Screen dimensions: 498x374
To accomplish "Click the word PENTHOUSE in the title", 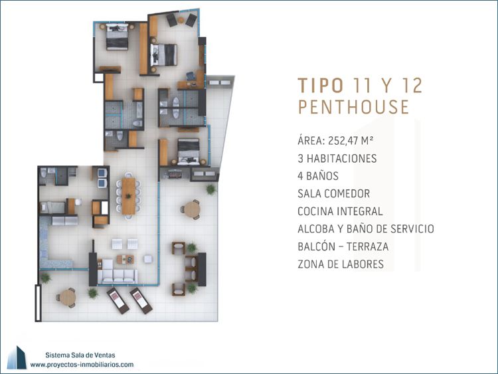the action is [x=353, y=107].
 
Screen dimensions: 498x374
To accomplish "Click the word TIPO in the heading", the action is [x=321, y=85].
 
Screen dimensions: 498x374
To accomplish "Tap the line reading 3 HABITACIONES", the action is [x=337, y=158].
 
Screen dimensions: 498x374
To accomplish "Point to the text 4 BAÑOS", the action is [x=318, y=176].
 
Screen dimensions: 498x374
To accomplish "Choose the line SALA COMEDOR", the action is [x=333, y=193].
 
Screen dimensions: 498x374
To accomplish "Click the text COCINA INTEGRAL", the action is [x=340, y=211].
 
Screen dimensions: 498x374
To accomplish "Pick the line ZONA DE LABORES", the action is [x=341, y=264].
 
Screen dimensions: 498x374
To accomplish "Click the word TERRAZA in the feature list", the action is [x=367, y=246].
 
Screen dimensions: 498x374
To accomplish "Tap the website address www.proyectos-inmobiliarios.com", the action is [x=82, y=365].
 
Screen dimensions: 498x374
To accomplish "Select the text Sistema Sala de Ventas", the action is [x=80, y=355].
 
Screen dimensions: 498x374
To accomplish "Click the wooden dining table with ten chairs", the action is [x=128, y=196].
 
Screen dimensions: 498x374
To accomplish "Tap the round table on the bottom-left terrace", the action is [x=68, y=298].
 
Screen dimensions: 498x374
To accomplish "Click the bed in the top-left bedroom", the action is [x=117, y=37].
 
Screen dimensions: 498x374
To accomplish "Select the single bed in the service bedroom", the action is [x=52, y=208].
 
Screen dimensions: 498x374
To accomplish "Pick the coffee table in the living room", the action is [x=125, y=259].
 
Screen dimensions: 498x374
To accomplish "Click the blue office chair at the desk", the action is [x=191, y=76].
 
